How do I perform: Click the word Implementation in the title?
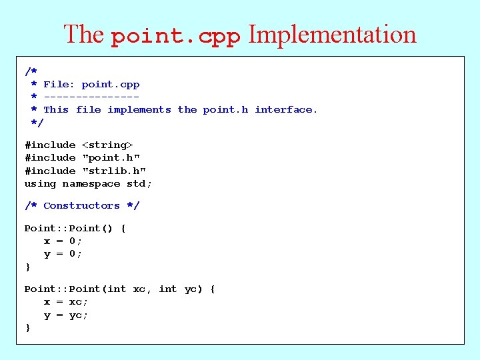click(332, 35)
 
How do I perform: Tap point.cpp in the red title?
click(175, 37)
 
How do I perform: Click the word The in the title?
click(83, 35)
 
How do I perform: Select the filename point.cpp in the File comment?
click(111, 85)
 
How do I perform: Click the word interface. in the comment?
click(286, 110)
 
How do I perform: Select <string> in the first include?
click(107, 145)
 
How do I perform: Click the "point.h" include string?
click(111, 158)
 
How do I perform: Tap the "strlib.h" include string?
click(114, 171)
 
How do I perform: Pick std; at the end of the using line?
click(139, 184)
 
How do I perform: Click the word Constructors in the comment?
click(81, 206)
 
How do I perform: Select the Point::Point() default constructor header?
click(71, 229)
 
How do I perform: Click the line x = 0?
click(63, 241)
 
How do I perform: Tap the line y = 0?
click(63, 254)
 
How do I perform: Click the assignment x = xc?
click(66, 302)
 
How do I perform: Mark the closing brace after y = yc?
click(27, 328)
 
